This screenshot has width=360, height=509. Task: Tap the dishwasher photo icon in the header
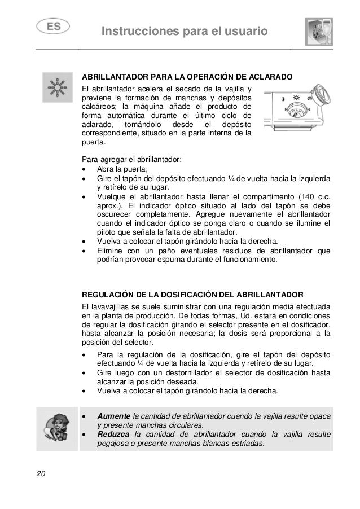(319, 30)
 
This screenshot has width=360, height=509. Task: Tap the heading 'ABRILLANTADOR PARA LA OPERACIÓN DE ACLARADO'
(187, 76)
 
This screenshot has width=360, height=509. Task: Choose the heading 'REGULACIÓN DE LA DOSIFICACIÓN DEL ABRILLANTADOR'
(192, 295)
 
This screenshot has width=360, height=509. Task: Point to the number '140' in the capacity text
(305, 197)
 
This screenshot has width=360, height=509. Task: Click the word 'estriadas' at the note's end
(247, 444)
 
